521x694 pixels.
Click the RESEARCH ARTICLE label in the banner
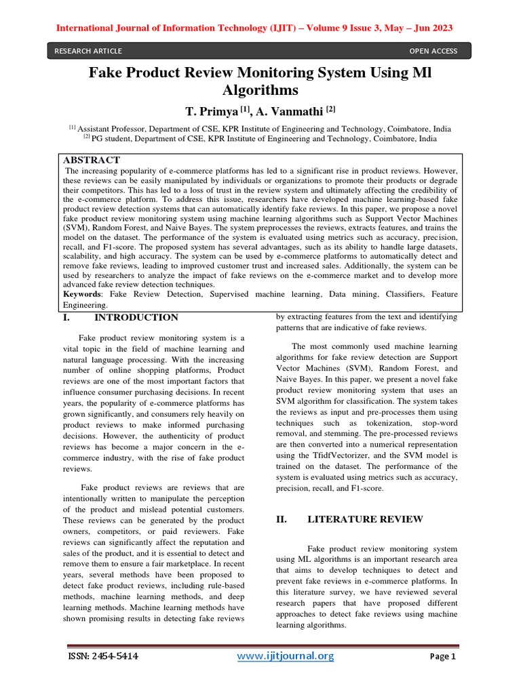pos(89,51)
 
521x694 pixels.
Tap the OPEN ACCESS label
pos(433,51)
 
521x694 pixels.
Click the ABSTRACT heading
pos(92,160)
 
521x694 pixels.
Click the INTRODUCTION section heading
pos(136,317)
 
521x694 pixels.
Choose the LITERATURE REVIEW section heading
pos(365,519)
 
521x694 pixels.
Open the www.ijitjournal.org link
pos(285,656)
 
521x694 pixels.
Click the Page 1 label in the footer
pos(444,657)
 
